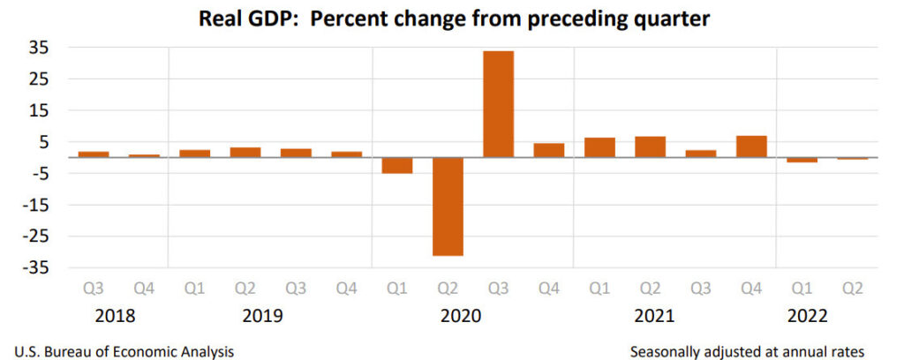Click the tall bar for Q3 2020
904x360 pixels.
tap(498, 104)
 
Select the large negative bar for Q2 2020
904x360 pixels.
tap(448, 206)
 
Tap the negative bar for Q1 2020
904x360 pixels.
tap(397, 165)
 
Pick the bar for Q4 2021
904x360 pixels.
tap(750, 146)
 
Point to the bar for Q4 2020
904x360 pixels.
tap(549, 150)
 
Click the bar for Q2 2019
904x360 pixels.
tap(245, 152)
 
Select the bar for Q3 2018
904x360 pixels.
tap(94, 154)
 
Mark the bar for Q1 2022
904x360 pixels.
tap(802, 160)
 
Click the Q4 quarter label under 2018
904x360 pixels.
tap(144, 289)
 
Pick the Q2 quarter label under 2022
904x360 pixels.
tap(852, 289)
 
